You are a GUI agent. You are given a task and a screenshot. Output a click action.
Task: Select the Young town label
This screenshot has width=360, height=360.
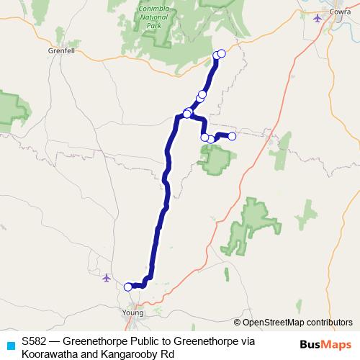(x=133, y=313)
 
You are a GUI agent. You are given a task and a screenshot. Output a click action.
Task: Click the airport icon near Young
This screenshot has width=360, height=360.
(x=107, y=277)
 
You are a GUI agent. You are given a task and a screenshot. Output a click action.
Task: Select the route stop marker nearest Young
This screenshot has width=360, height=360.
(x=128, y=287)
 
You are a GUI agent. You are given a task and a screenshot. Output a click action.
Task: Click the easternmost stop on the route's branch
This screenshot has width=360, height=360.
(x=232, y=135)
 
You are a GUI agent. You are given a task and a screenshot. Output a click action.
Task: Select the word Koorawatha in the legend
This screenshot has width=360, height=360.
(x=49, y=353)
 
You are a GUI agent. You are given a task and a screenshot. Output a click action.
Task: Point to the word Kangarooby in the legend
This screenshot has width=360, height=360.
(x=130, y=353)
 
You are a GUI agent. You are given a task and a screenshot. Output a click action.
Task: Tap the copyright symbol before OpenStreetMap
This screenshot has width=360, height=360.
(x=238, y=323)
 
